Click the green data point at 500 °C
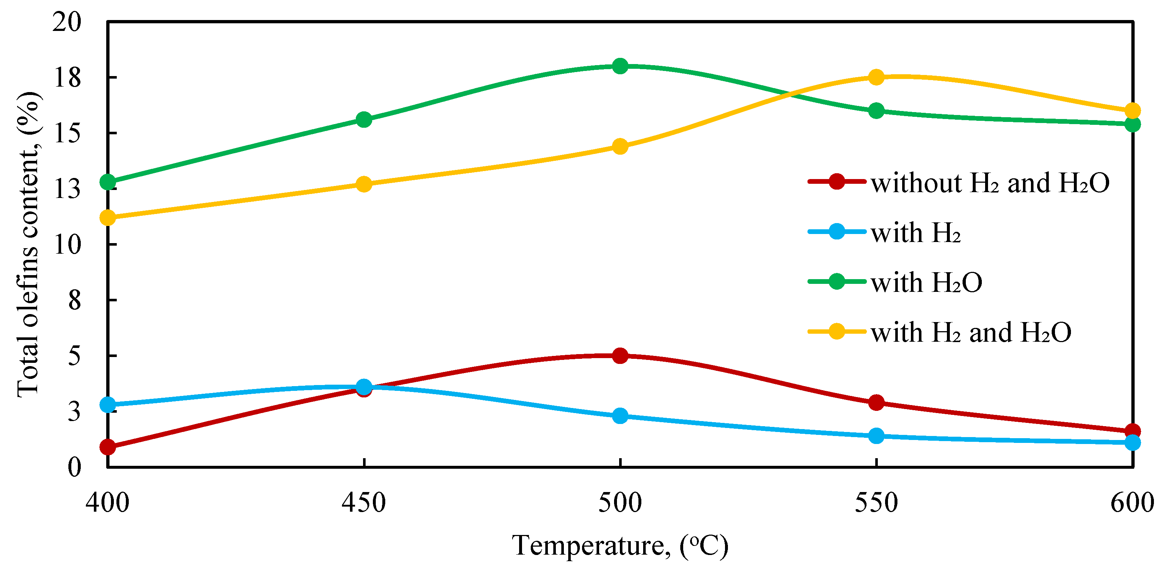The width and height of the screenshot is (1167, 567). point(620,66)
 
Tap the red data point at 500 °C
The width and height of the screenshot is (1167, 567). point(620,356)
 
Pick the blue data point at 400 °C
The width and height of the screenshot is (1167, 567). point(108,405)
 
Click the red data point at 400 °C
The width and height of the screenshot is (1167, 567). point(108,447)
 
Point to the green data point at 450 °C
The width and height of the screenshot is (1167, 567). point(364,120)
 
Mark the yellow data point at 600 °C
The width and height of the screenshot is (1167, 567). point(1132,111)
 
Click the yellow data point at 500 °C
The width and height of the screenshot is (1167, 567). point(620,146)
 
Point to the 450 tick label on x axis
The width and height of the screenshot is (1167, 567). point(364,503)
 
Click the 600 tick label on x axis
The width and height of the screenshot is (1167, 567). point(1132,503)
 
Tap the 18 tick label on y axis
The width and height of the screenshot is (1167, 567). point(67,78)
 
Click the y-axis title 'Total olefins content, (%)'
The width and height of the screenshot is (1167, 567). point(28,245)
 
